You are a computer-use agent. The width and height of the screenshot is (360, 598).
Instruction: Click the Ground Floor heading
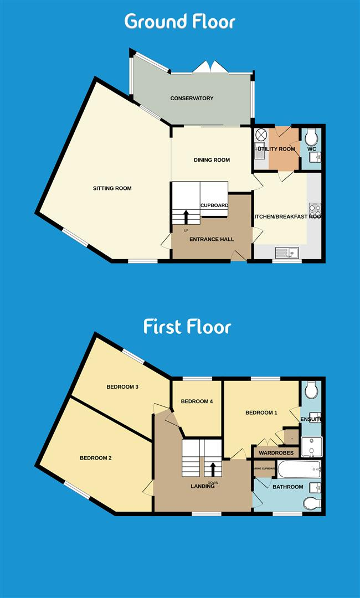180,21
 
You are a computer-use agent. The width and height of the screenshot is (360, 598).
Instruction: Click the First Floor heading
187,326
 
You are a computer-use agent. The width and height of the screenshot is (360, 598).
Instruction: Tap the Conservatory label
192,99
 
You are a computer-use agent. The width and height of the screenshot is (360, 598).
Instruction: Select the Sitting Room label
112,188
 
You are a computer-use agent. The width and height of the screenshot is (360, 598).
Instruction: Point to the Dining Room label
212,160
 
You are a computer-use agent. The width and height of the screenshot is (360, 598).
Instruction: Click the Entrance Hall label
212,239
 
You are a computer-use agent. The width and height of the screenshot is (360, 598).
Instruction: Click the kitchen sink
287,254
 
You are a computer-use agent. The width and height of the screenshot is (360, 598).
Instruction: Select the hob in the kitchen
315,209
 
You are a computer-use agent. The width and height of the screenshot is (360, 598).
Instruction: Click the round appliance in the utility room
261,135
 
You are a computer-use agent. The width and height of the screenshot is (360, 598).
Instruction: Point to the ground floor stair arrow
186,216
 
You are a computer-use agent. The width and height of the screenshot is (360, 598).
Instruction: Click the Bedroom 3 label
122,387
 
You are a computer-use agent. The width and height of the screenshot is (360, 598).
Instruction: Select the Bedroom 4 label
197,401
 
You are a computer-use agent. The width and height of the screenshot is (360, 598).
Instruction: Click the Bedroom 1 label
261,413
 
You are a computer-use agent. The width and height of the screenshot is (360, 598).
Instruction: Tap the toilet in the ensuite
311,390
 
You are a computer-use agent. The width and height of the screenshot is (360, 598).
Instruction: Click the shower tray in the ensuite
311,445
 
